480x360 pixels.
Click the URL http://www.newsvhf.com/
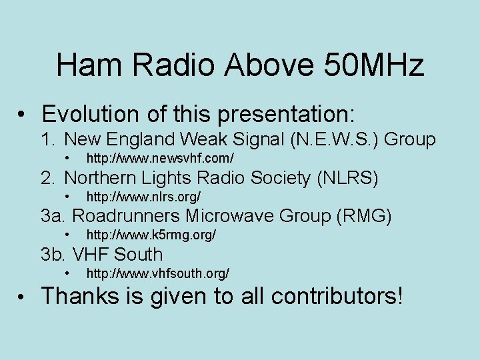[x=160, y=159]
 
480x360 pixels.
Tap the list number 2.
[x=48, y=179]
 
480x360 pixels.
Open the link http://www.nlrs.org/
[x=143, y=197]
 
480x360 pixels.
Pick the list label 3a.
[x=53, y=217]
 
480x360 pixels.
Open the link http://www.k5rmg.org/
[x=151, y=235]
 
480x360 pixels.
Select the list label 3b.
[x=53, y=255]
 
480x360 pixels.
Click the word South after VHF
[x=138, y=255]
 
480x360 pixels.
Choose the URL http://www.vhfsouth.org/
[x=158, y=274]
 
